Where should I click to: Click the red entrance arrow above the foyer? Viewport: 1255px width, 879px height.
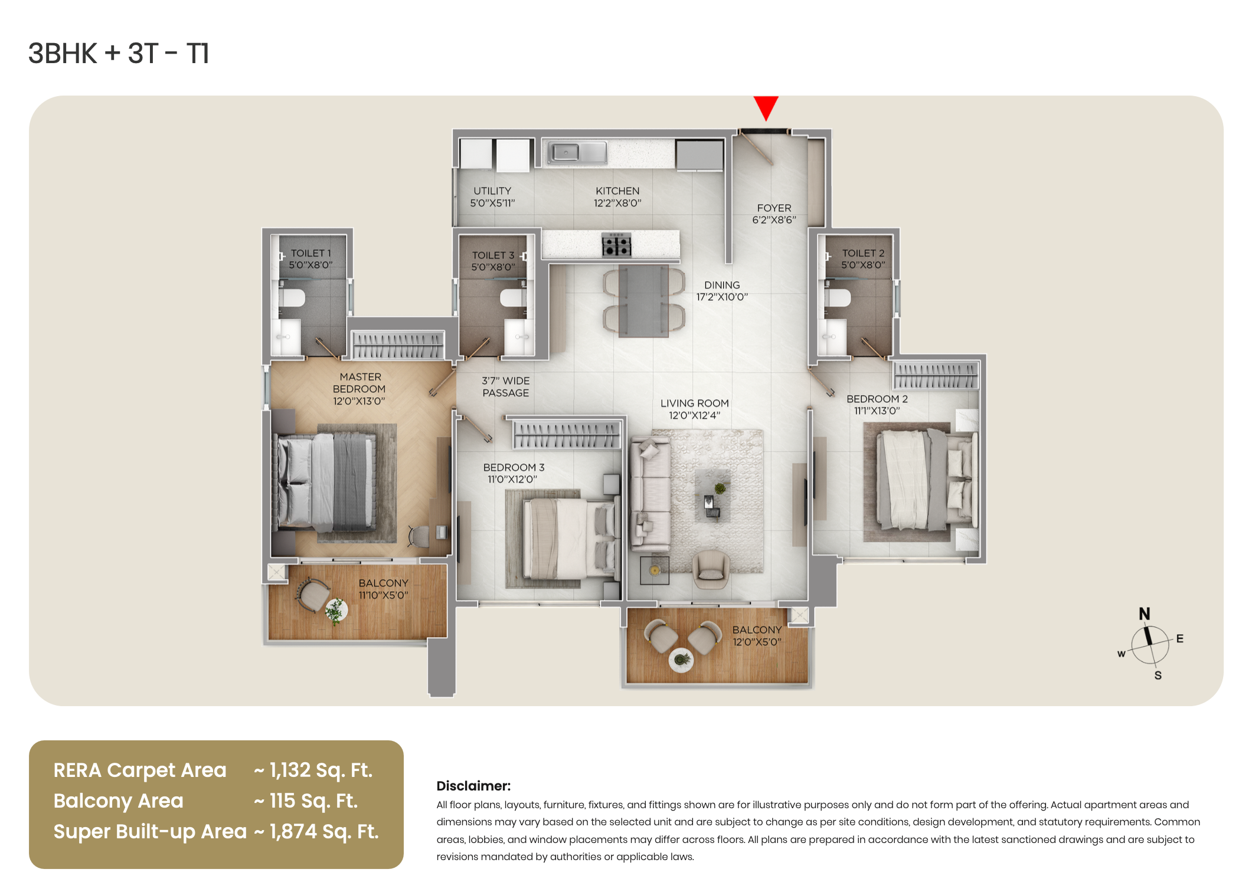point(766,107)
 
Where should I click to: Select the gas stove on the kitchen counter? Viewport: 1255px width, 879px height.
point(616,244)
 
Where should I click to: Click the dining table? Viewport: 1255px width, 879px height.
point(643,300)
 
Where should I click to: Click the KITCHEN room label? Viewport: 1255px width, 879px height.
point(617,191)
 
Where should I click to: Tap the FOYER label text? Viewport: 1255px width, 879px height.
point(774,208)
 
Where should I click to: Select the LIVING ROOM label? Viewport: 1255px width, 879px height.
point(695,404)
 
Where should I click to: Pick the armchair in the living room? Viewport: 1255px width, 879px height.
point(711,569)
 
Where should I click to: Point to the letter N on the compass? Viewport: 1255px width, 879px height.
point(1145,614)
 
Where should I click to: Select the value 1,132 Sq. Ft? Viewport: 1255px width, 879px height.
point(321,770)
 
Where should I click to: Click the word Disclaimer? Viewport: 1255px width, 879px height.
point(473,786)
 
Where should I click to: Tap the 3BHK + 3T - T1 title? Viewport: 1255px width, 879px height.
point(119,54)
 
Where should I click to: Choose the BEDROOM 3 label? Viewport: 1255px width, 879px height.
point(514,468)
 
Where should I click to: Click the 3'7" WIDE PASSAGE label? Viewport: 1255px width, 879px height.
point(506,387)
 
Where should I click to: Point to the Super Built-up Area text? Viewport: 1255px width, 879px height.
point(150,832)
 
